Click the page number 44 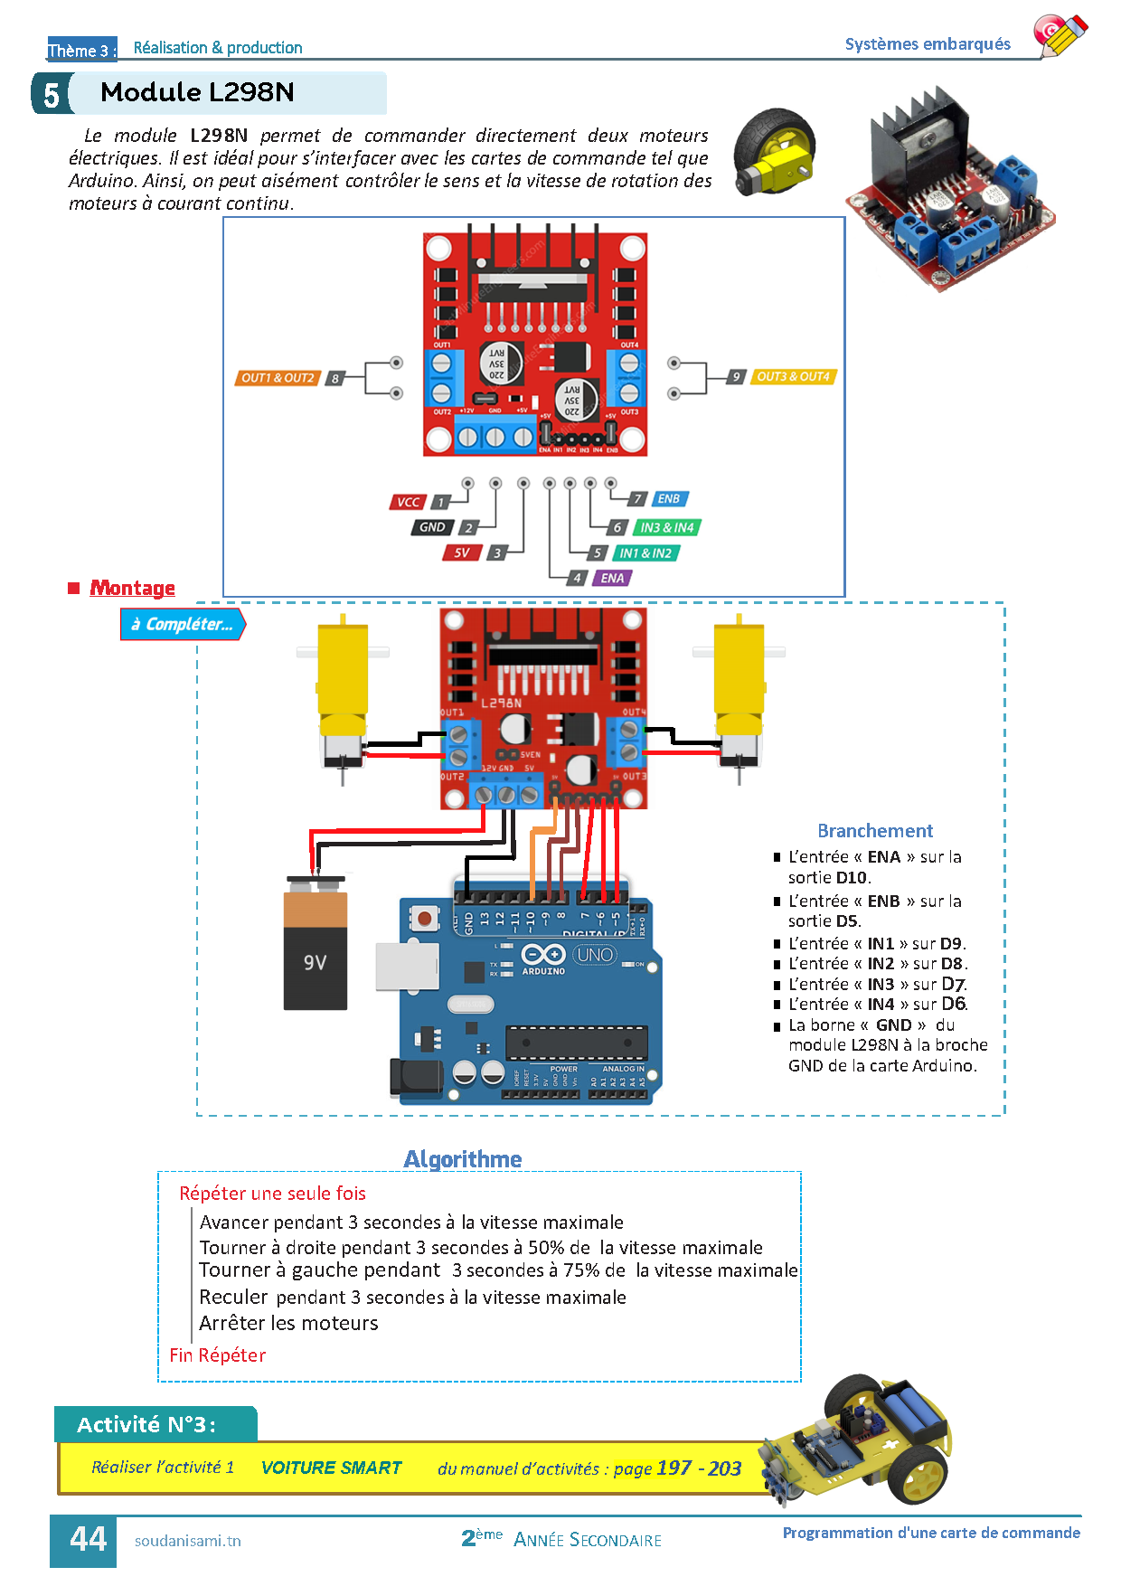(x=88, y=1540)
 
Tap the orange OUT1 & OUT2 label (x=278, y=378)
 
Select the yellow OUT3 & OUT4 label (x=793, y=376)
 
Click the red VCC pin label (x=408, y=503)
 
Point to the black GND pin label (x=432, y=527)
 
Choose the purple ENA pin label (x=612, y=578)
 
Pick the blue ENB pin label (x=668, y=499)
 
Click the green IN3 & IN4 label (x=667, y=527)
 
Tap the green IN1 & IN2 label (x=645, y=552)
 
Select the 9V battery (x=316, y=945)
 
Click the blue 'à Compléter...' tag (x=183, y=624)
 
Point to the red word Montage (x=132, y=588)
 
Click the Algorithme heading (x=463, y=1159)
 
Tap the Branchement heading (x=874, y=831)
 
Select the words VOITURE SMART (x=331, y=1468)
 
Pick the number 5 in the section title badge (x=51, y=94)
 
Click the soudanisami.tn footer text (x=187, y=1541)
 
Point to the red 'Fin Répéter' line (x=217, y=1355)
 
